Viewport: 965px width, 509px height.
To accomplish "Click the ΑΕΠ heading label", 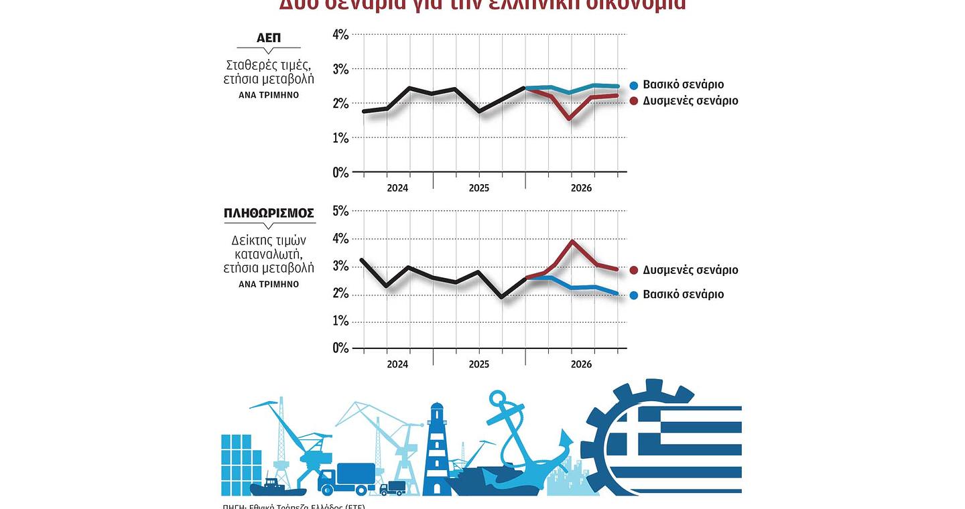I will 268,39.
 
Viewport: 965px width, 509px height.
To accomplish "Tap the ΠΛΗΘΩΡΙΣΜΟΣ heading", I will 269,214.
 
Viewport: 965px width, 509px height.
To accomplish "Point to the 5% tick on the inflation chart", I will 340,211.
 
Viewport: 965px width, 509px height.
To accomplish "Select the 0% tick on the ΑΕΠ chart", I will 340,173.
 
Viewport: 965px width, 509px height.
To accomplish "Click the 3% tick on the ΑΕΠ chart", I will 340,70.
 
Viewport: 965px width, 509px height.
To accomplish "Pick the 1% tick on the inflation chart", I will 340,321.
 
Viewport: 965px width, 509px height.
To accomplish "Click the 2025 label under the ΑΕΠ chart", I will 478,188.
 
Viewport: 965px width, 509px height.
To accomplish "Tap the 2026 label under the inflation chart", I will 580,364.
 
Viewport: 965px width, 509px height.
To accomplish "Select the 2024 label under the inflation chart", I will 397,364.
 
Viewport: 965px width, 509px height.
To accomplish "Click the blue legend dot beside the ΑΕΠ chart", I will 634,85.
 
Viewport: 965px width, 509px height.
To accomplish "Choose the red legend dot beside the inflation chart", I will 634,270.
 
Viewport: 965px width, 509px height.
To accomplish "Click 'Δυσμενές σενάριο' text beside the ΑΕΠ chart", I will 690,100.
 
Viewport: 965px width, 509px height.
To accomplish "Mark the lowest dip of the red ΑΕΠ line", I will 570,119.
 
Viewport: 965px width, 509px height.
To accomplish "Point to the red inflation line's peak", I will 572,240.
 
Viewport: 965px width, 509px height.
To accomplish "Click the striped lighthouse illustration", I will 436,449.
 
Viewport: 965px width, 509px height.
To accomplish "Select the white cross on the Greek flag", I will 637,429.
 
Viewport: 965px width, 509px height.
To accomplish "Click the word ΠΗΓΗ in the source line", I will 234,506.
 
